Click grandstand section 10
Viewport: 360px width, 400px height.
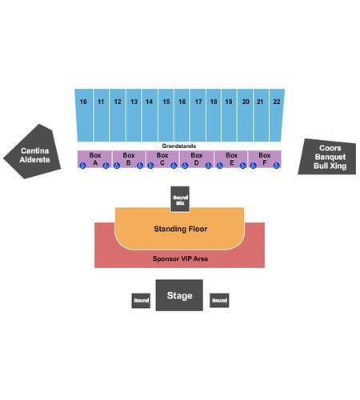click(x=84, y=115)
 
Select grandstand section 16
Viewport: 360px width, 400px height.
click(x=182, y=115)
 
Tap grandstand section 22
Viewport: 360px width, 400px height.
click(x=277, y=115)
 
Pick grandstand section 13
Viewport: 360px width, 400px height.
click(x=134, y=115)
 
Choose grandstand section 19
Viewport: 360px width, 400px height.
click(x=229, y=115)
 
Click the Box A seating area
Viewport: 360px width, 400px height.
click(x=94, y=159)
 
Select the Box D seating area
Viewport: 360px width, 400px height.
click(x=197, y=159)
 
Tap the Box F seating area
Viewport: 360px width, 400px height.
click(x=265, y=159)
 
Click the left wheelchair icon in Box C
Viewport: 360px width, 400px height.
click(x=150, y=166)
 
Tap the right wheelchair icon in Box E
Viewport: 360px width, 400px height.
click(x=242, y=166)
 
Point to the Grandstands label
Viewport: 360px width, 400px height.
click(x=179, y=146)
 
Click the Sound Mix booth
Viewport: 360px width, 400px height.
click(x=180, y=199)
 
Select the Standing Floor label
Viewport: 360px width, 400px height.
click(x=181, y=229)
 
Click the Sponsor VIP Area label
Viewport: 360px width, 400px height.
click(x=180, y=258)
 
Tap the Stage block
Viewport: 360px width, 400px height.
click(x=179, y=295)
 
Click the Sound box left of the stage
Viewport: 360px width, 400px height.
click(x=141, y=301)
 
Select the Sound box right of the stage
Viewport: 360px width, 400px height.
click(x=219, y=300)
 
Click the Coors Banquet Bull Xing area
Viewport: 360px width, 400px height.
click(x=327, y=157)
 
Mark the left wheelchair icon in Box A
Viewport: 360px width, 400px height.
click(x=82, y=166)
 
